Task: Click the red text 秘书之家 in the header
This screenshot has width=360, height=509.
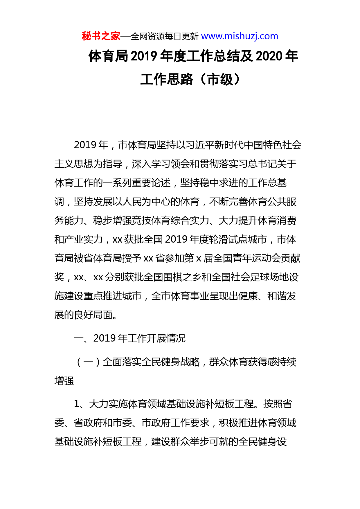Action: pos(101,36)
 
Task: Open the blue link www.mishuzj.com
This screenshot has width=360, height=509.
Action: pos(240,36)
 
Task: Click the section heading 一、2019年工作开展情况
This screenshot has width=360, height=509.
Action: pos(129,338)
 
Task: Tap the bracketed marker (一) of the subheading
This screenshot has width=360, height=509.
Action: pos(88,362)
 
